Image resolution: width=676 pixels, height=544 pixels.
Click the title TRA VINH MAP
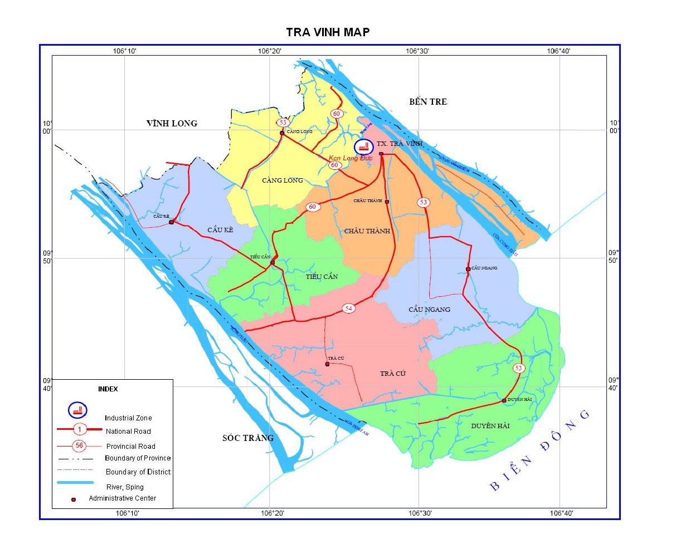pyautogui.click(x=328, y=32)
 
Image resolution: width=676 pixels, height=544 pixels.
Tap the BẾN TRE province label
pyautogui.click(x=428, y=101)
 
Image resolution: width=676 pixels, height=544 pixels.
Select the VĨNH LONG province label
pyautogui.click(x=172, y=124)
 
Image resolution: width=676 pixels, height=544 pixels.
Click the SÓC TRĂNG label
pyautogui.click(x=248, y=438)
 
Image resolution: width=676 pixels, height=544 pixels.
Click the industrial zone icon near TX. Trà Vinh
pyautogui.click(x=364, y=147)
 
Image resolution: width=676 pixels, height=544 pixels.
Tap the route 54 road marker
pyautogui.click(x=349, y=308)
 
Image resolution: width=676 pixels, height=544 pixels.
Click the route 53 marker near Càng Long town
pyautogui.click(x=283, y=122)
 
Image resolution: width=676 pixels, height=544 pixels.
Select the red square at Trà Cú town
pyautogui.click(x=327, y=364)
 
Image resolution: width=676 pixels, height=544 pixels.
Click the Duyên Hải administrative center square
pyautogui.click(x=504, y=400)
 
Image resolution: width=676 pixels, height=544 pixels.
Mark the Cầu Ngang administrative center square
pyautogui.click(x=468, y=269)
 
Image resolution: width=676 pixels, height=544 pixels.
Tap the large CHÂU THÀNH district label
pyautogui.click(x=367, y=231)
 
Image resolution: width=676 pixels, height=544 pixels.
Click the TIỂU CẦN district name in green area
pyautogui.click(x=322, y=277)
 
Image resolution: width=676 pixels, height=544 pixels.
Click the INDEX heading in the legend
pyautogui.click(x=108, y=389)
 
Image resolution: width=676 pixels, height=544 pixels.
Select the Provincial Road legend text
pyautogui.click(x=130, y=446)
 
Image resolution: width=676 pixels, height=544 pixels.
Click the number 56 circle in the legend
pyautogui.click(x=80, y=445)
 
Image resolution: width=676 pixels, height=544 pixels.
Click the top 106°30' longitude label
pyautogui.click(x=416, y=51)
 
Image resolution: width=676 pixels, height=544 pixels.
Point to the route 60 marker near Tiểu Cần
pyautogui.click(x=313, y=207)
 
